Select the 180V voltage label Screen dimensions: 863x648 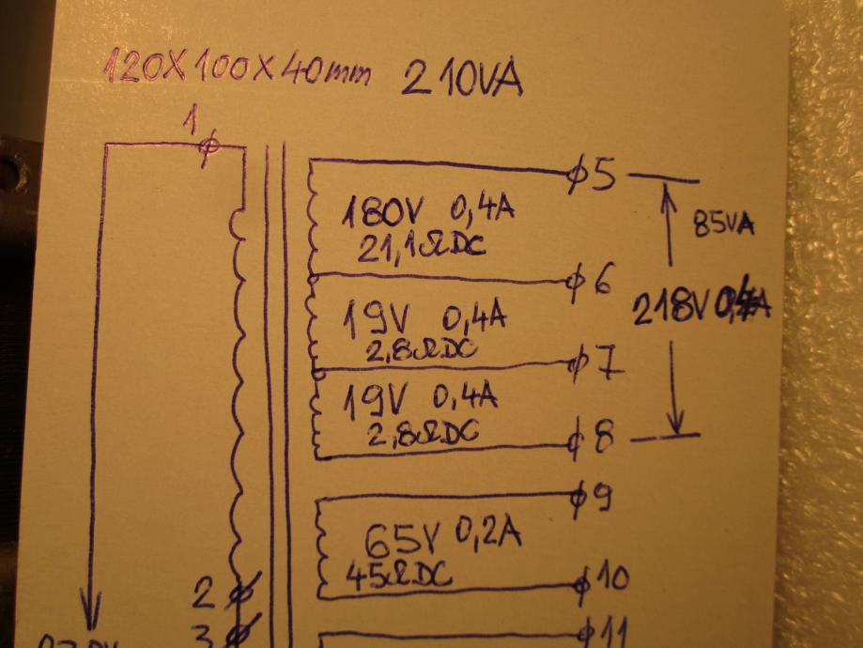[x=375, y=213]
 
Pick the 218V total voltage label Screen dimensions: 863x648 [x=670, y=307]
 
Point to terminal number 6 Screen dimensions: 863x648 [x=604, y=282]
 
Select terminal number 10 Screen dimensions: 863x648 [x=611, y=579]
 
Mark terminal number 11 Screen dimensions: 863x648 [x=611, y=629]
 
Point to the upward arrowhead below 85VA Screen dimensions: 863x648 [x=669, y=193]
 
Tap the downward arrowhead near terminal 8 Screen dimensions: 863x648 [x=674, y=423]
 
